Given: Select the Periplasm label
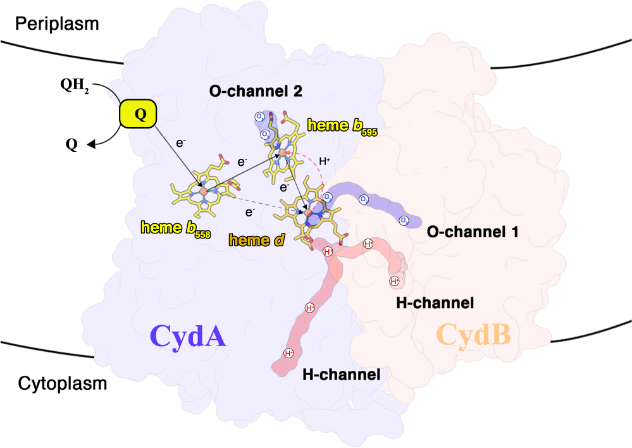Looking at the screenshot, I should (58, 24).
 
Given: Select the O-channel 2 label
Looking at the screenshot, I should (256, 91).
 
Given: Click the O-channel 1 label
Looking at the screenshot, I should (473, 232).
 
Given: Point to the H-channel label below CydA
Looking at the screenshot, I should (341, 374).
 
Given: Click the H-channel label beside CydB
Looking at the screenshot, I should (435, 303).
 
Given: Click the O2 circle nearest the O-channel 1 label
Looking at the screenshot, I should (404, 220).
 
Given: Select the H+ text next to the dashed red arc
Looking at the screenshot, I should (325, 161).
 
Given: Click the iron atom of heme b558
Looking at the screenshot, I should (203, 190).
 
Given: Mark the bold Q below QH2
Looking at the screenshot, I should (71, 145).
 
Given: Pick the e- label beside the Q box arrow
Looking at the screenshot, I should (180, 144).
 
